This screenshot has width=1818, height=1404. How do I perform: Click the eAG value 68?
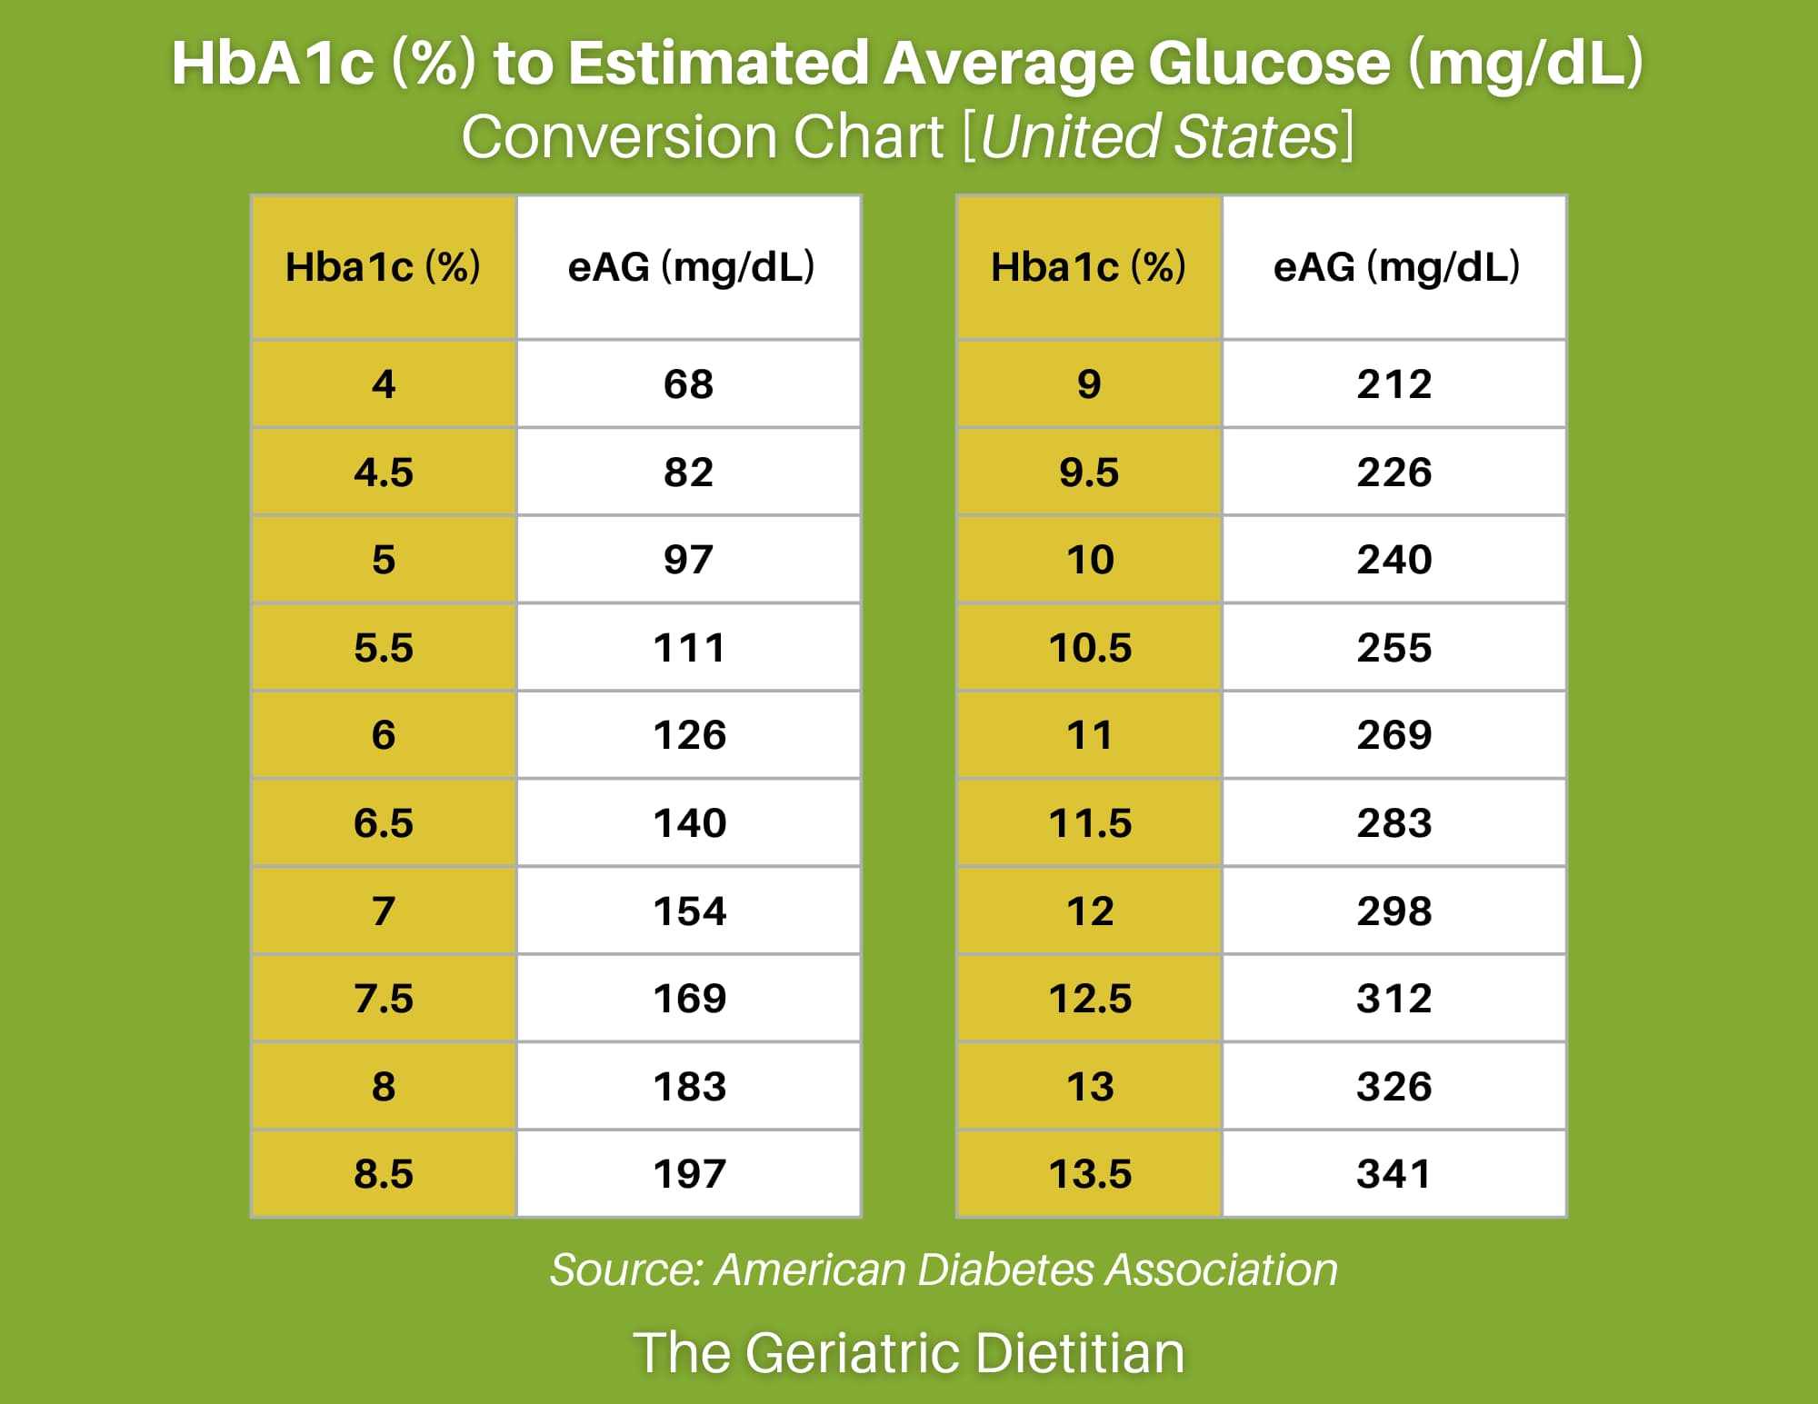pos(688,384)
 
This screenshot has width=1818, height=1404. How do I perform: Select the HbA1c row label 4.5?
pos(383,473)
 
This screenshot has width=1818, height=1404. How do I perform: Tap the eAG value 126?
pos(689,735)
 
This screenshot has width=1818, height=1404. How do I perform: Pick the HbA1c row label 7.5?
pos(383,999)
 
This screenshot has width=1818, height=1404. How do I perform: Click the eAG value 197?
pos(689,1174)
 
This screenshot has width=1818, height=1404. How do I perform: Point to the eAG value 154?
pos(689,911)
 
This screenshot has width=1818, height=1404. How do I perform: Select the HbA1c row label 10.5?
pos(1089,648)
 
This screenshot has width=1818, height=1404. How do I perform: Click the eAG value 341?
pos(1393,1174)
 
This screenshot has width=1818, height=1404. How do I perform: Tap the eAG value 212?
pos(1393,384)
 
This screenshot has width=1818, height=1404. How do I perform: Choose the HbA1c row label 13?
pos(1089,1087)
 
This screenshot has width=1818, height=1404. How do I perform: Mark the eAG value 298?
pos(1393,911)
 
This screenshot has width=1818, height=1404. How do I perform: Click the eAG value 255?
pos(1393,648)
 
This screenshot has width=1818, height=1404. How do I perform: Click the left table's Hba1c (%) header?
pos(383,267)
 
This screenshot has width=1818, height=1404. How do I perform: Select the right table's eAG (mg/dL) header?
pos(1395,267)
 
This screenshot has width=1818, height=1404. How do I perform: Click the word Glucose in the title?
pos(1269,64)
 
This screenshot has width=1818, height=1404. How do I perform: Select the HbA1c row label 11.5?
pos(1089,823)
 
